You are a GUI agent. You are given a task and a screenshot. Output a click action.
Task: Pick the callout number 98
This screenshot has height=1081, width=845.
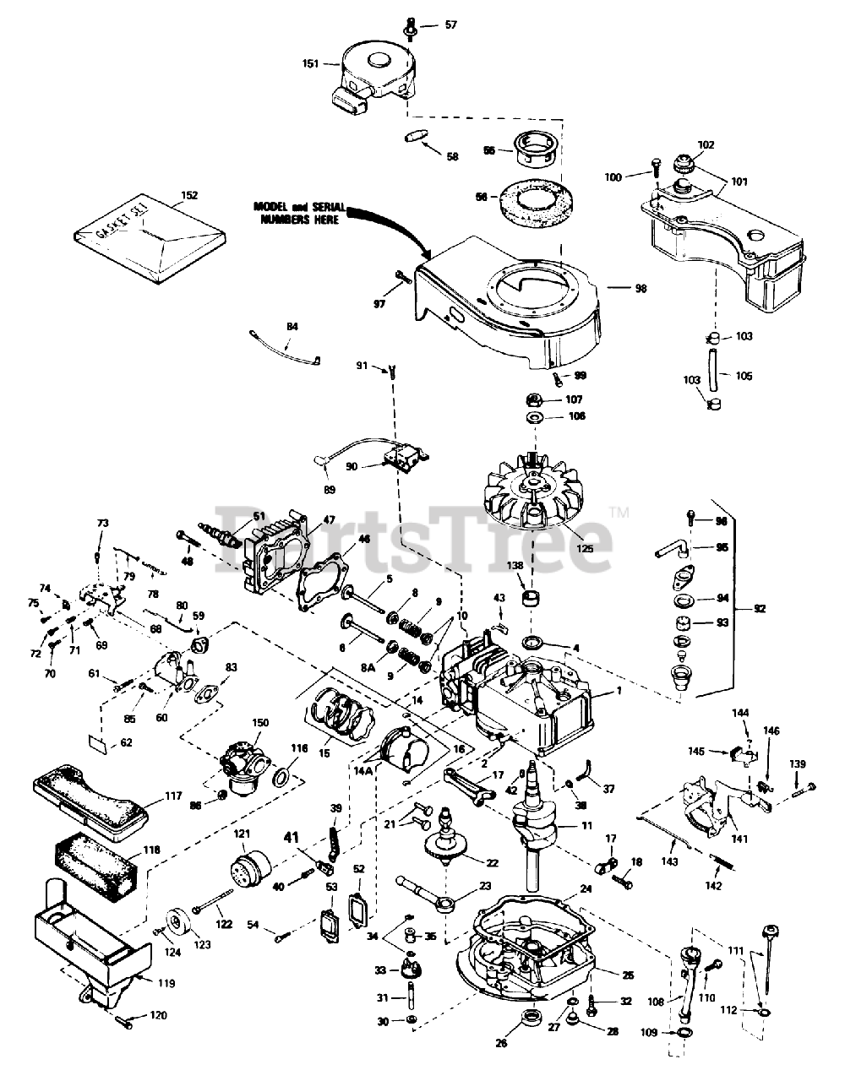[641, 289]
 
